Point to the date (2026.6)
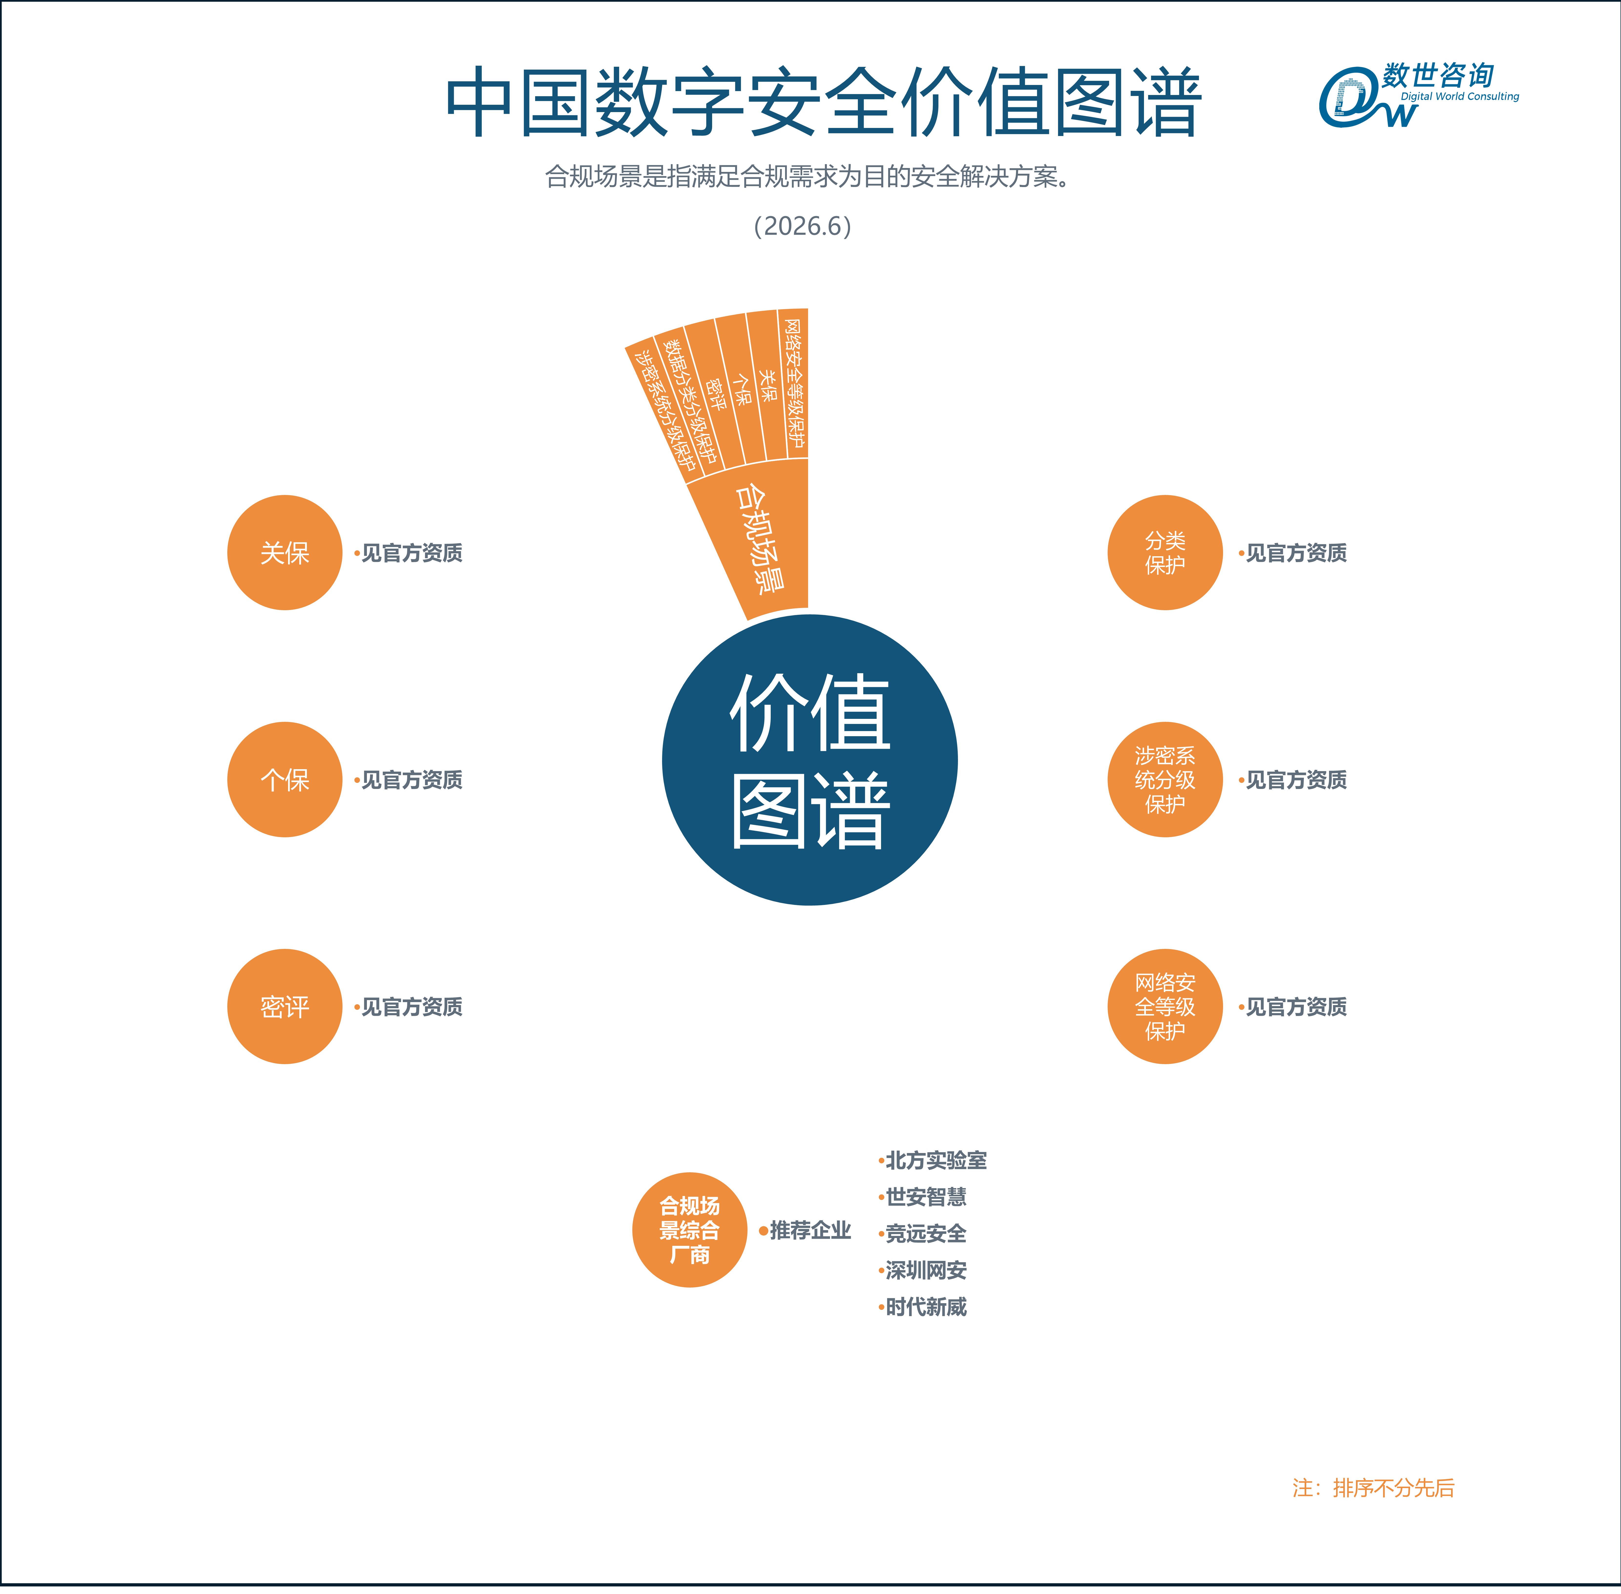tap(802, 226)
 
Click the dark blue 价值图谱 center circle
tap(809, 760)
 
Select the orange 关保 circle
tap(285, 553)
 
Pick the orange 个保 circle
tap(285, 779)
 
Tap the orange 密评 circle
tap(285, 1006)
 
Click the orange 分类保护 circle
tap(1165, 553)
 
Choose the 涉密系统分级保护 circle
tap(1165, 779)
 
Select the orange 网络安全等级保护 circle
tap(1165, 1006)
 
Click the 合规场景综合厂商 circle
tap(690, 1230)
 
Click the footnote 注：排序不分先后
tap(1373, 1488)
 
